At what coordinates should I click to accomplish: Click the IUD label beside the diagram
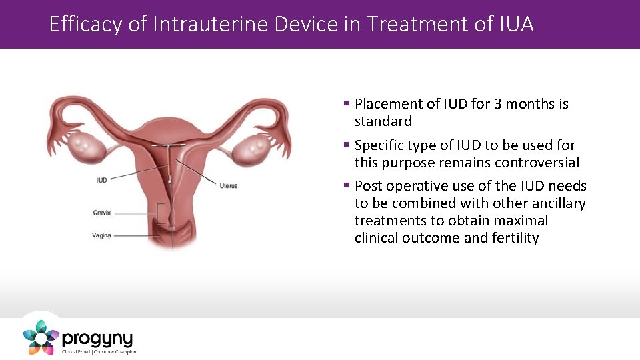pos(101,180)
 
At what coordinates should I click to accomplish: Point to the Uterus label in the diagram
pos(228,185)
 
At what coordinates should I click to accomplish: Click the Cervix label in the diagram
pos(102,213)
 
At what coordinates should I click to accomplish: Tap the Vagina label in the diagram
pos(102,235)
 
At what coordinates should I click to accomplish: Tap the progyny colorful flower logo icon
pos(41,337)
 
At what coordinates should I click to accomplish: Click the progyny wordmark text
pos(97,339)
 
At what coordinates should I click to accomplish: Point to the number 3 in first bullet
pos(498,104)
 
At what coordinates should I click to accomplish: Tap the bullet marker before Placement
pos(347,103)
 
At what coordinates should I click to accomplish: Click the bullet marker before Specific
pos(347,145)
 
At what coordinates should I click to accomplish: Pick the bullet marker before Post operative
pos(347,185)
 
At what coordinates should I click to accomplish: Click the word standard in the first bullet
pos(383,121)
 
